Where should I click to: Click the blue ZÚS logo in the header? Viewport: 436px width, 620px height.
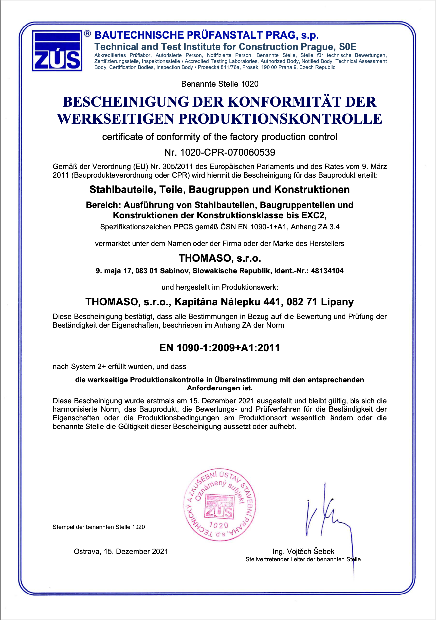(x=57, y=50)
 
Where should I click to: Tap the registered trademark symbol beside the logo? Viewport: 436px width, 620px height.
(x=87, y=33)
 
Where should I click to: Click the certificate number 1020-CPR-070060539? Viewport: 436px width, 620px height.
(x=228, y=152)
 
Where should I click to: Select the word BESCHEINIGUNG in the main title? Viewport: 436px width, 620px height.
(x=126, y=102)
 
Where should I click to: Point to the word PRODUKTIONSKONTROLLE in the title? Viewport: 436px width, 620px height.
(x=280, y=119)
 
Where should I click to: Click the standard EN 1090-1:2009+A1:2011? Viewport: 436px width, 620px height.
(x=220, y=348)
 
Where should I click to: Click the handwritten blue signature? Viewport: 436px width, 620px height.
(x=328, y=517)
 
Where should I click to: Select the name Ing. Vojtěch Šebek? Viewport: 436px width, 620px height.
(x=303, y=551)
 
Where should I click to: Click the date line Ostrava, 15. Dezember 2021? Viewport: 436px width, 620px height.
(x=121, y=551)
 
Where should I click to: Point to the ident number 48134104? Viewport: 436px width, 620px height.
(x=327, y=271)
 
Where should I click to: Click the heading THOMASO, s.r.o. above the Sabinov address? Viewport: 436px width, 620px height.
(x=220, y=258)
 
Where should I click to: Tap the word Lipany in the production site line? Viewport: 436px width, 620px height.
(x=337, y=302)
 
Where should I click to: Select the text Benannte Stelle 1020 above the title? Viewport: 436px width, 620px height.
(x=220, y=84)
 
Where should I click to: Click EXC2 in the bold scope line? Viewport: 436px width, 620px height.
(x=314, y=215)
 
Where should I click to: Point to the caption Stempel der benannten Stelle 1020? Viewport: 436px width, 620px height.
(x=99, y=527)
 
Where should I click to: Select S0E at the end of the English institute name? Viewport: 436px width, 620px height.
(x=348, y=47)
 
